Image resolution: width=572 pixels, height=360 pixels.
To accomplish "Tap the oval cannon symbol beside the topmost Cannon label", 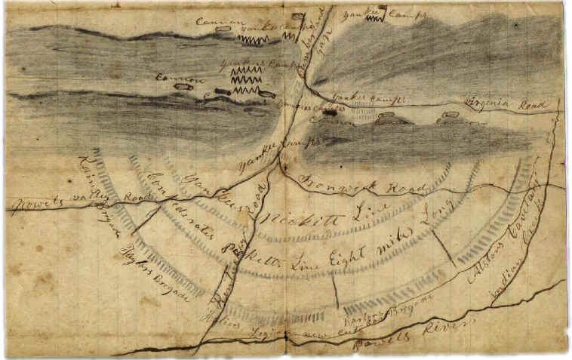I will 223,32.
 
